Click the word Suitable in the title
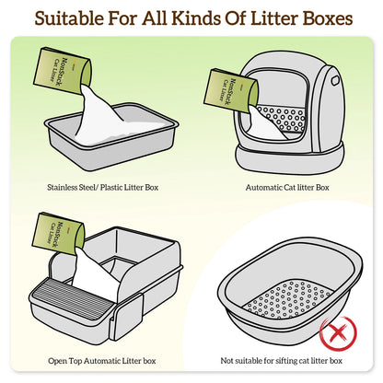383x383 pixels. click(x=69, y=18)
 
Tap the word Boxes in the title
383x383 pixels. click(x=328, y=18)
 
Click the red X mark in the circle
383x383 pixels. click(x=338, y=332)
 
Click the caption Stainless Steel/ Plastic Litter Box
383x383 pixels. click(x=103, y=187)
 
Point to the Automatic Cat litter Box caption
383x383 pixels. click(x=287, y=187)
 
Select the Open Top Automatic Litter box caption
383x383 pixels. click(x=102, y=361)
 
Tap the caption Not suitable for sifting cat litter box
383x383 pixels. click(x=282, y=361)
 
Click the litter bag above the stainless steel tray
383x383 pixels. click(x=63, y=70)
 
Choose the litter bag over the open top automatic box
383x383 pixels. click(x=58, y=234)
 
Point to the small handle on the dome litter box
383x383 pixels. click(x=334, y=80)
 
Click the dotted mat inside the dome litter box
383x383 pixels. click(x=283, y=119)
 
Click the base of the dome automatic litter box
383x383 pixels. click(x=289, y=158)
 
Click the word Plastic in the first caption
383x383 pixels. click(x=111, y=187)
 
